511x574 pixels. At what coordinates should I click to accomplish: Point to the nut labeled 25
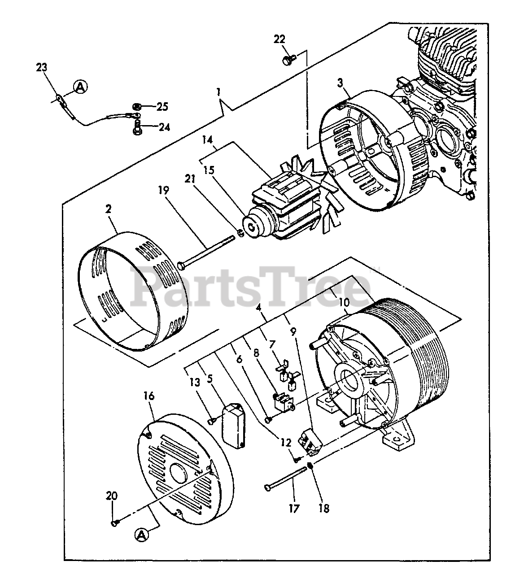tap(136, 107)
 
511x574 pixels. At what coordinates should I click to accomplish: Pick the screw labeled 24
tap(137, 129)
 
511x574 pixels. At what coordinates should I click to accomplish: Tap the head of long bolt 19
tap(181, 266)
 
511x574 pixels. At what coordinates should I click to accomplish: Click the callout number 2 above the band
tap(109, 209)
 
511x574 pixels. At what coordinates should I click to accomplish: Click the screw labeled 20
tap(114, 522)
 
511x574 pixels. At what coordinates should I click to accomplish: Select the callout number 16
tap(149, 396)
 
